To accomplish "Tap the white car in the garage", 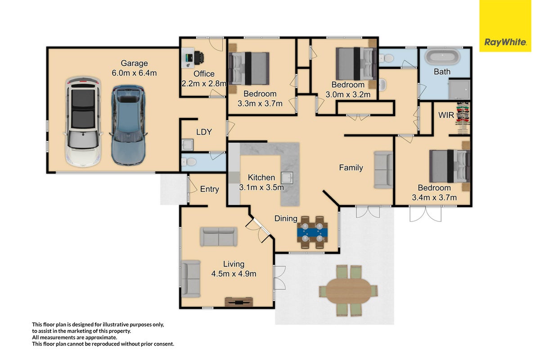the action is [83, 122].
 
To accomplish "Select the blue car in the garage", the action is [129, 125].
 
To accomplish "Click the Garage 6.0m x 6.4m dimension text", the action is [134, 73].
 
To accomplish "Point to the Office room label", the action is [204, 74].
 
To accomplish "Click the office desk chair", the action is [199, 58].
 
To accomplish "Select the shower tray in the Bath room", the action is [459, 89].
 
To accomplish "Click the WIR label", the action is [446, 115].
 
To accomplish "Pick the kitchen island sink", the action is [287, 178].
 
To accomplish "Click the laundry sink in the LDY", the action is [187, 145].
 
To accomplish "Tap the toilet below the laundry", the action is [189, 162].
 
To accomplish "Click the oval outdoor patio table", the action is [348, 291].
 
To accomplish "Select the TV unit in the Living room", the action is [238, 301].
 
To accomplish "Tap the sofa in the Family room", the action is [383, 170].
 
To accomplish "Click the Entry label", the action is [210, 189].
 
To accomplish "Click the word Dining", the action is [286, 219].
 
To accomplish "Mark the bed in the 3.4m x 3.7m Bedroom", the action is [450, 166].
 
